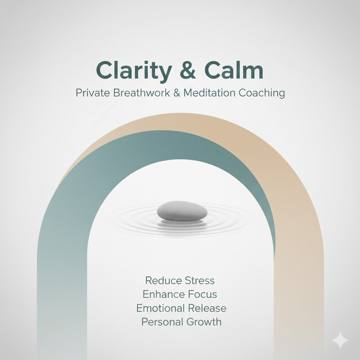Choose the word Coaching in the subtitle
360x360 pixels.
click(262, 94)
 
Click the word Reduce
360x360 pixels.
click(160, 281)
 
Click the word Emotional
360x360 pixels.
click(160, 308)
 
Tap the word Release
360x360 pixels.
click(207, 308)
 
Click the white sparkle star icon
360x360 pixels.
click(341, 341)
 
